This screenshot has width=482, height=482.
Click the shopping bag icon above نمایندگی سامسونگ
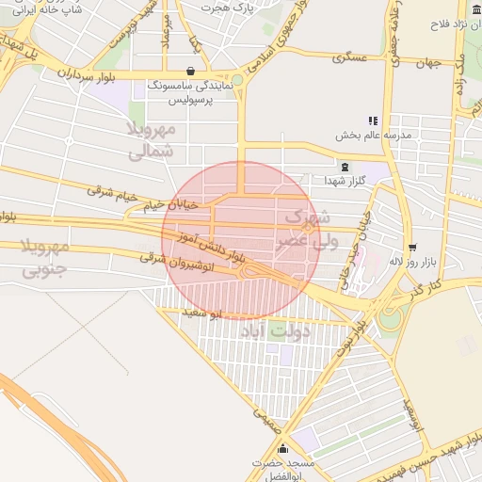coord(191,71)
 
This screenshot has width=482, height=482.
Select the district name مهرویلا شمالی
coord(150,138)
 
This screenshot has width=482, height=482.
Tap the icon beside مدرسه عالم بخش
coord(373,120)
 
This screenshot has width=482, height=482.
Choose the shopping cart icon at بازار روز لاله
coord(412,248)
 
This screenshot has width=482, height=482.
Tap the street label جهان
coord(431,65)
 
